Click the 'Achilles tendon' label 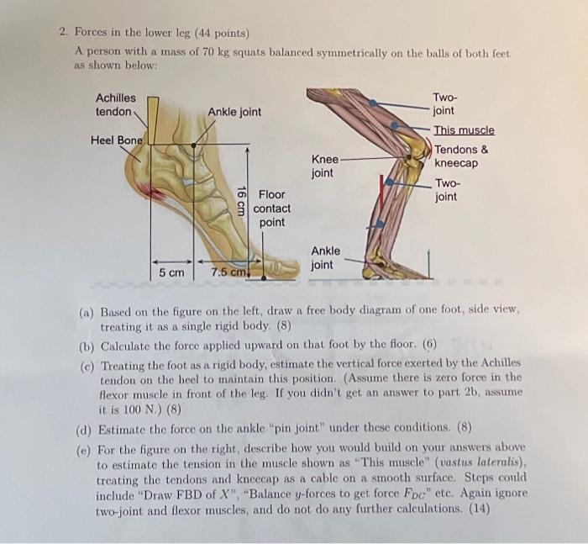click(x=115, y=105)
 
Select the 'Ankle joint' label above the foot click(x=234, y=112)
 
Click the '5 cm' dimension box click(x=171, y=272)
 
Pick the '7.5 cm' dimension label click(x=227, y=272)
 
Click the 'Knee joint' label click(x=325, y=166)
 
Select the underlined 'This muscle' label click(x=464, y=130)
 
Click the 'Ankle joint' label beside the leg click(x=326, y=257)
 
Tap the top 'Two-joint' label click(x=444, y=103)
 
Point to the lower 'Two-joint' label click(x=447, y=190)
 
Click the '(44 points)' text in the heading click(x=223, y=34)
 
